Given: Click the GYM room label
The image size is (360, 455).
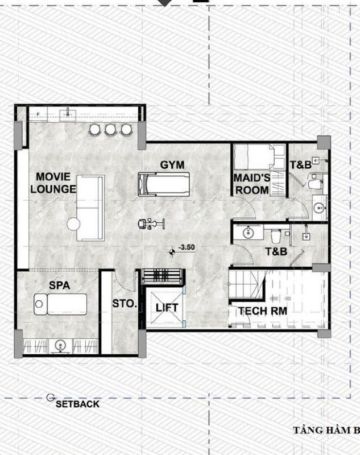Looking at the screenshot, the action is (x=172, y=165).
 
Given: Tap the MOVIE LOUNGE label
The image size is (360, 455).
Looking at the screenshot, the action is (x=53, y=183).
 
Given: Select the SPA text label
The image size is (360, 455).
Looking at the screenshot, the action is (x=60, y=286).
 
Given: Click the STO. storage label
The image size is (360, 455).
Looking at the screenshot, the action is (x=125, y=304).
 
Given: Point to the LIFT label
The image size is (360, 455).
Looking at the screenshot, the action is (x=167, y=308).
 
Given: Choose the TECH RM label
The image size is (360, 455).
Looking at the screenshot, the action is (x=263, y=311).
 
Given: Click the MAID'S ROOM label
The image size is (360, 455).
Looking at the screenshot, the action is (x=252, y=184).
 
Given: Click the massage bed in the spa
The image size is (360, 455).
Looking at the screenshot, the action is (x=60, y=304).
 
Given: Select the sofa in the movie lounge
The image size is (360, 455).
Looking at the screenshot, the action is (x=90, y=208).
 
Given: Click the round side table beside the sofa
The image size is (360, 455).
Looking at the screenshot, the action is (x=73, y=224).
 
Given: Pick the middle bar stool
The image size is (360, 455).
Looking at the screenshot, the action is (x=110, y=130).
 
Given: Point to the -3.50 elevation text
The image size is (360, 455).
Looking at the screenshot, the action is (x=187, y=247).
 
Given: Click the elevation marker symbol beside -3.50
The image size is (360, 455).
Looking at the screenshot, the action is (x=172, y=253).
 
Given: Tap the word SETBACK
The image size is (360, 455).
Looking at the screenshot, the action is (x=77, y=404).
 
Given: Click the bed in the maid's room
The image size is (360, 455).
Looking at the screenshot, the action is (x=254, y=157).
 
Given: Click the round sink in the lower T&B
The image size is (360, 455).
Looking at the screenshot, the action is (x=249, y=233).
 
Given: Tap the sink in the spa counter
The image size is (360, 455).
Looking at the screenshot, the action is (x=60, y=346).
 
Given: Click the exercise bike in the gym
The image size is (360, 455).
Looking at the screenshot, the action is (x=151, y=224).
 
